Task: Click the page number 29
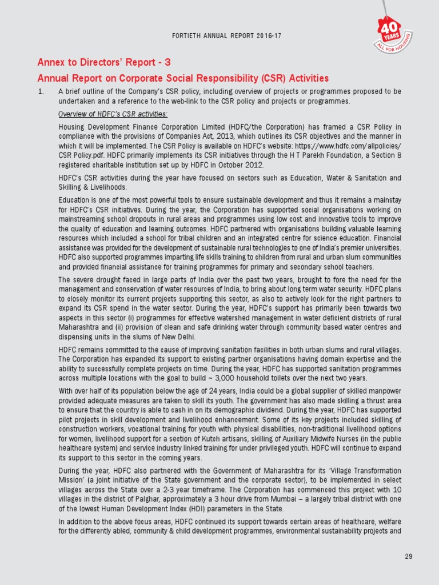click(408, 556)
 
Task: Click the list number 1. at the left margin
click(41, 91)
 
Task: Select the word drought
click(101, 279)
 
